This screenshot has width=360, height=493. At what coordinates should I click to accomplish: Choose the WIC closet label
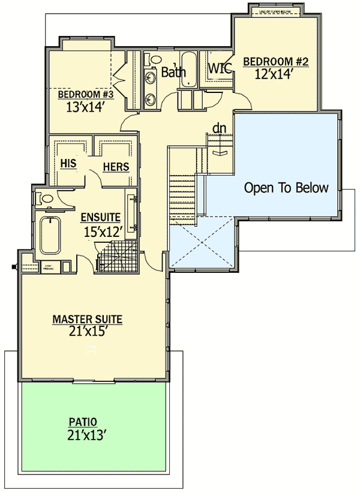(220, 68)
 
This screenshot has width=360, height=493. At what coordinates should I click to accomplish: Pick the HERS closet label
(116, 167)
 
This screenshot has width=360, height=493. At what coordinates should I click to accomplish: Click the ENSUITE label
(100, 217)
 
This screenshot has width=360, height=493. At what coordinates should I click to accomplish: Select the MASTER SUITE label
(87, 320)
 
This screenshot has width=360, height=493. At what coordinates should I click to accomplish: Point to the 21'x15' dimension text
(86, 332)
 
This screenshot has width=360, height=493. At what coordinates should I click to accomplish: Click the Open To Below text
(286, 188)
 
